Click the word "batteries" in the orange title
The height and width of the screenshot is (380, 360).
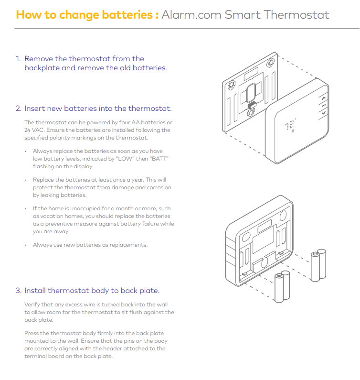(x=127, y=14)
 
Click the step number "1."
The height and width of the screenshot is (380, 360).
(x=18, y=59)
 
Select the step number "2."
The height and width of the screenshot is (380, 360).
(x=19, y=109)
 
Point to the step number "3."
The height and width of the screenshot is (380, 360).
(x=19, y=290)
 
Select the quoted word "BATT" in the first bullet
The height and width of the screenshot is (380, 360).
(x=160, y=159)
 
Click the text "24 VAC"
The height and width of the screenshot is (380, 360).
(x=33, y=130)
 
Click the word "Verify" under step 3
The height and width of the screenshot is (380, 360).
(x=32, y=304)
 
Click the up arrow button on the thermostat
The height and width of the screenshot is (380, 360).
(x=323, y=98)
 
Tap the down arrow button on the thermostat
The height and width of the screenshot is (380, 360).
(x=324, y=113)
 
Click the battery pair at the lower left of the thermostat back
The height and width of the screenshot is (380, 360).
(x=282, y=287)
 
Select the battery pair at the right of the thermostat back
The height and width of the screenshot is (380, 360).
(x=318, y=265)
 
